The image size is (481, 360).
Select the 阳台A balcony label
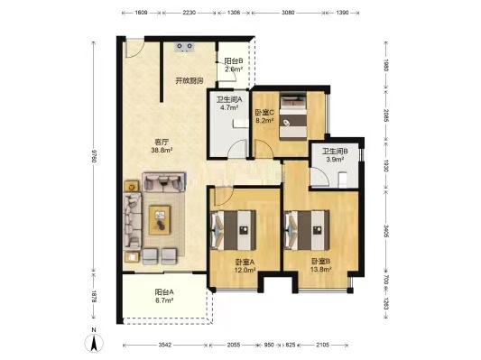(x=164, y=291)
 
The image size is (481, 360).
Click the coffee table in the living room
(x=160, y=214)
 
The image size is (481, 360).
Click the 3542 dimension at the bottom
(x=163, y=347)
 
